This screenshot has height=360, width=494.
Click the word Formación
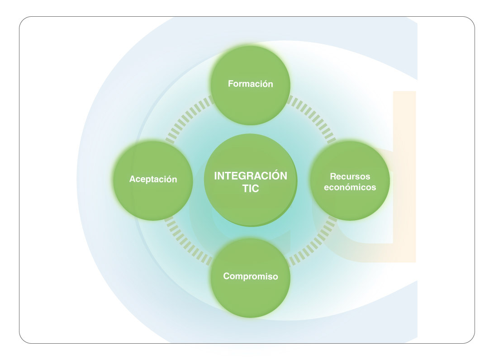tap(250, 84)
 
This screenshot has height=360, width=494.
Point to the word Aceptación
tap(153, 179)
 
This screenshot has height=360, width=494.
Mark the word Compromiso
tap(250, 276)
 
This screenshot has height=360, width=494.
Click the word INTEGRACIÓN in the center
tap(250, 176)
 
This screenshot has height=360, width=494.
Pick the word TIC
tap(250, 189)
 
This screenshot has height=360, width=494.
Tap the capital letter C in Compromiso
tap(227, 276)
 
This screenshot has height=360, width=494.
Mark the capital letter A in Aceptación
tap(132, 179)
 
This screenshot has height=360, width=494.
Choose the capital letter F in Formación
tap(230, 84)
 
